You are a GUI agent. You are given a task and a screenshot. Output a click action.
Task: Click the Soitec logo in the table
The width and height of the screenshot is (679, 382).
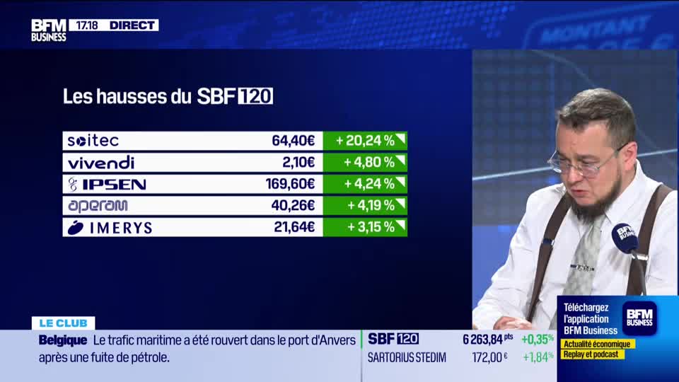click(93, 141)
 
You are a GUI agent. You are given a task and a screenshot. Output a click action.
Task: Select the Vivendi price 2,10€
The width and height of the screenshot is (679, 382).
click(298, 162)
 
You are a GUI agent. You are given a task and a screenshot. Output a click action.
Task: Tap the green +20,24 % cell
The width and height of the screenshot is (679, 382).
click(365, 141)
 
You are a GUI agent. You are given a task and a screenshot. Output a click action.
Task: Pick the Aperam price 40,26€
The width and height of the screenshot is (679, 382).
click(294, 206)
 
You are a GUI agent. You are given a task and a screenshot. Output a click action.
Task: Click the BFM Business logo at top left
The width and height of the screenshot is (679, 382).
click(48, 30)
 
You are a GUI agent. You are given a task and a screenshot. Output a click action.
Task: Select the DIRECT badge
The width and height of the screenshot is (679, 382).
click(132, 25)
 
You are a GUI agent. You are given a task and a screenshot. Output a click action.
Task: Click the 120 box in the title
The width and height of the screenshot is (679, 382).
click(255, 96)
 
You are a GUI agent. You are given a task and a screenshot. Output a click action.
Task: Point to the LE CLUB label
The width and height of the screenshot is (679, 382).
click(63, 323)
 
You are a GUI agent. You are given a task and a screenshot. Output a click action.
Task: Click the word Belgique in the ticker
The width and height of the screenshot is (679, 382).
click(63, 340)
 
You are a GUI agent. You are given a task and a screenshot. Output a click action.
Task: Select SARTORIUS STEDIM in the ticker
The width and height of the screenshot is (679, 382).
click(407, 357)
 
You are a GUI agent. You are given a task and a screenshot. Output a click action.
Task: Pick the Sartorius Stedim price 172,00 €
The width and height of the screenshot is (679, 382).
click(489, 357)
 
